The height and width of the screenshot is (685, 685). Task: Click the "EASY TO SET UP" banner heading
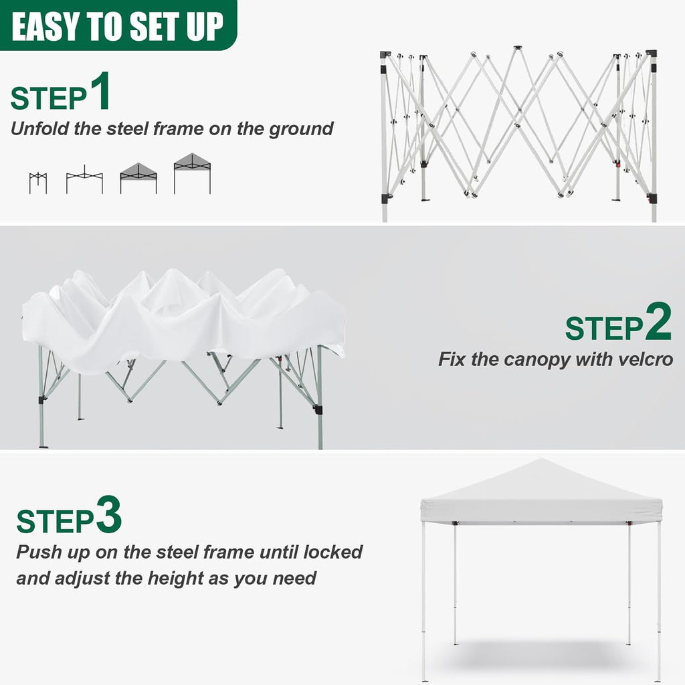(117, 26)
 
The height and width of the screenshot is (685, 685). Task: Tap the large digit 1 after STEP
(99, 93)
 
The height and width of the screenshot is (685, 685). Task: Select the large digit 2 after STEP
(657, 322)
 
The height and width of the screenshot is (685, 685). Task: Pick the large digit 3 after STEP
(108, 515)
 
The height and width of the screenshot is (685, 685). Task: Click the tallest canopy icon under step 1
(192, 173)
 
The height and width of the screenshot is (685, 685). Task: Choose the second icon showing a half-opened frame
(84, 180)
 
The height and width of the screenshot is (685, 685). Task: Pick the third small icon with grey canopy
(138, 178)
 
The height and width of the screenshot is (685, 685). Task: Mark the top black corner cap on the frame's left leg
(385, 55)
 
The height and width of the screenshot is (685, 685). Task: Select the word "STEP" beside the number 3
(55, 521)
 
